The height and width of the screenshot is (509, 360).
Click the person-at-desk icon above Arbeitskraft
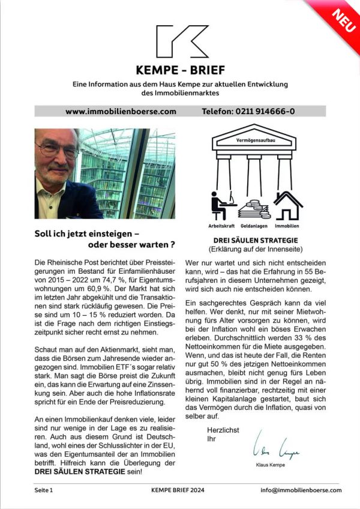tap(220, 205)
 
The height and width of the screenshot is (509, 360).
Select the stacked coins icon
tap(255, 208)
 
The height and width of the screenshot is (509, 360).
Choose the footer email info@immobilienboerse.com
tap(301, 490)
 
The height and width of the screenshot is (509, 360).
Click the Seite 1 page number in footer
tap(44, 490)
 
